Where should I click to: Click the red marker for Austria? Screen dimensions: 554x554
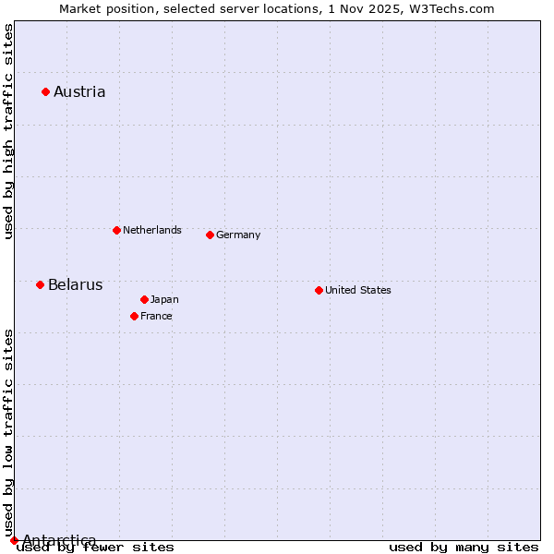[x=45, y=91]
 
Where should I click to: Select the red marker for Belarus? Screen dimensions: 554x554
[x=40, y=284]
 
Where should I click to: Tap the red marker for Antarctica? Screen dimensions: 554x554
[x=14, y=540]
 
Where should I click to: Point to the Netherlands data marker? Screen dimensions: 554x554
[x=116, y=230]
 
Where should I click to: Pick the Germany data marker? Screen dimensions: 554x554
[x=210, y=235]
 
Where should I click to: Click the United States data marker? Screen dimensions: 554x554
[x=319, y=290]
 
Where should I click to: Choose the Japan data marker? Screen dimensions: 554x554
[x=144, y=299]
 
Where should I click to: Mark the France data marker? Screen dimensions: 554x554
[x=134, y=316]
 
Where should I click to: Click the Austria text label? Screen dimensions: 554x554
[x=79, y=91]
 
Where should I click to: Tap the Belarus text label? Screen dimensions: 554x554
[x=76, y=284]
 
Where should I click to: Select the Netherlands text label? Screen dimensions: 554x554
[x=152, y=230]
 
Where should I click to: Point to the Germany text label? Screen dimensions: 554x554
[x=238, y=235]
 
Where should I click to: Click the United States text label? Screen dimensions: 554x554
[x=358, y=290]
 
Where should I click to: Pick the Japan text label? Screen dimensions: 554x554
[x=164, y=299]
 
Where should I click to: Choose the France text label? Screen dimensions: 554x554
[x=156, y=316]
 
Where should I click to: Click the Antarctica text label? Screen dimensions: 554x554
[x=59, y=540]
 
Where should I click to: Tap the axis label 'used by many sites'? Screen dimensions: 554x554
[x=464, y=548]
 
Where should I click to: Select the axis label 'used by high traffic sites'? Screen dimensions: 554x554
[x=8, y=131]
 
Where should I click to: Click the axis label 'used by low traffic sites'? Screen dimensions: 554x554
[x=8, y=431]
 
